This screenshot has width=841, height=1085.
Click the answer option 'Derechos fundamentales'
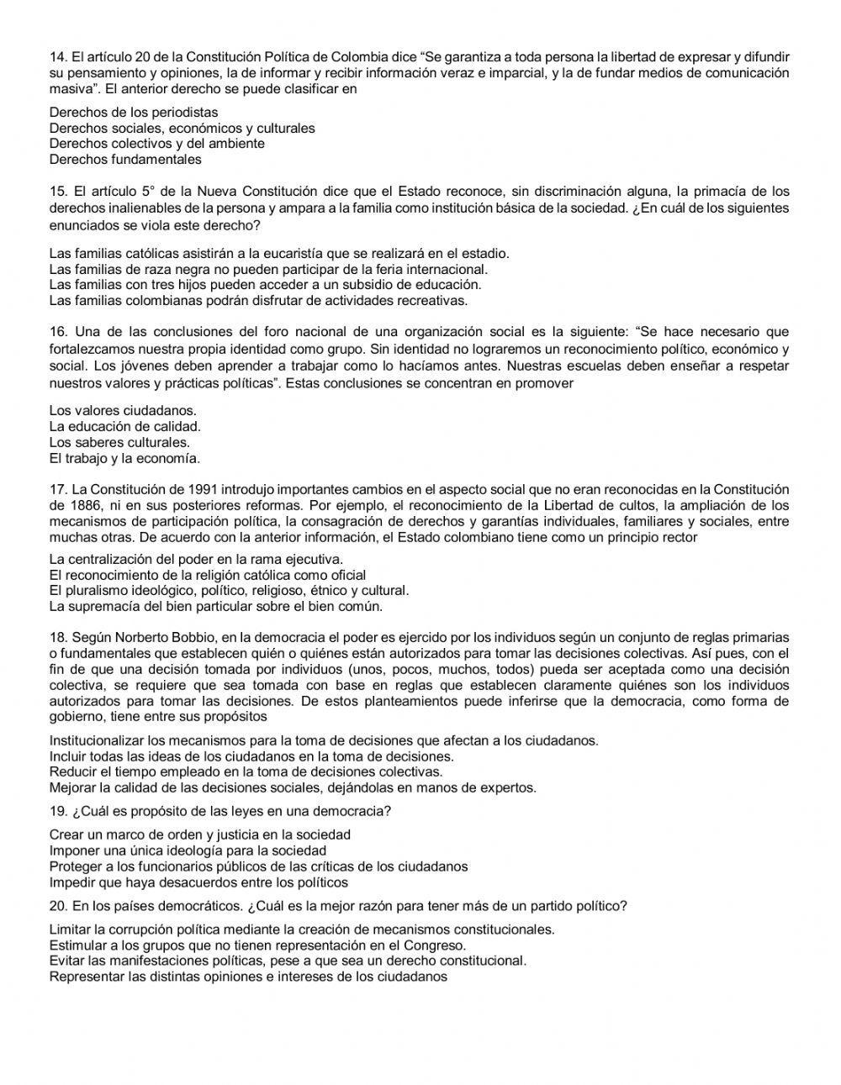coord(125,159)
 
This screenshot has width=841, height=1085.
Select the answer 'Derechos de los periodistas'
coord(133,112)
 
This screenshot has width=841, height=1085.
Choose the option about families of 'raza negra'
coord(268,269)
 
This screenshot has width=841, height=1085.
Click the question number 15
coord(57,191)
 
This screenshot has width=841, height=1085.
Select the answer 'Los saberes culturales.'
coord(119,442)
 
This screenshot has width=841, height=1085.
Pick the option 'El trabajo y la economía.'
coord(124,458)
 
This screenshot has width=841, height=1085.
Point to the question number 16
coord(57,332)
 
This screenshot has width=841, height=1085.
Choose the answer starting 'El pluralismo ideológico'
coord(229,590)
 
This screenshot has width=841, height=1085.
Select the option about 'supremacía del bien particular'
coord(216,606)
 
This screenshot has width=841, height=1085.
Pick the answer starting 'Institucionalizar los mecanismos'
coord(324,740)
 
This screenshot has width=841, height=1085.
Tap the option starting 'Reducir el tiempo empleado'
coord(246,772)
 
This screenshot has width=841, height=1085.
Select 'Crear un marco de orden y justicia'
coord(200,835)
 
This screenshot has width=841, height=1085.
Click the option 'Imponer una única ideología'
coord(188,851)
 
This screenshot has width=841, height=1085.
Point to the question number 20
coord(57,906)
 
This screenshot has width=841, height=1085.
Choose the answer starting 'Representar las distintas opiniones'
coord(248,977)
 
